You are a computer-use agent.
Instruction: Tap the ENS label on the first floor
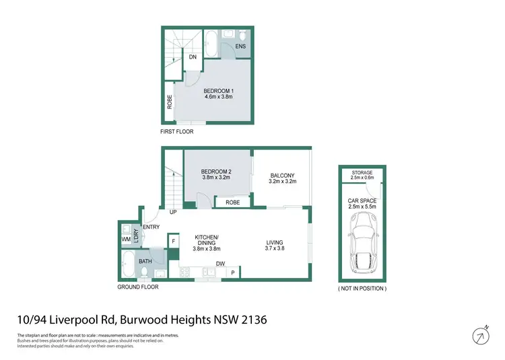click(240, 46)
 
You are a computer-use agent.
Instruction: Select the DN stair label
click(192, 57)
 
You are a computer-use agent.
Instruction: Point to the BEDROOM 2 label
click(215, 172)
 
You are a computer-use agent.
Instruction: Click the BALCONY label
click(281, 176)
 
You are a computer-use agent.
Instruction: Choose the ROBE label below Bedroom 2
click(233, 202)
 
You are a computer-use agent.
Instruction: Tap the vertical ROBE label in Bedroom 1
click(170, 102)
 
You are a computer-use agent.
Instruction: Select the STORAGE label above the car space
click(363, 173)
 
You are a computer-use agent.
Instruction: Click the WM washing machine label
click(126, 239)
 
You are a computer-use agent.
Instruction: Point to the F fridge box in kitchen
click(173, 241)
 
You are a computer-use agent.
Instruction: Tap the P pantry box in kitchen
click(232, 272)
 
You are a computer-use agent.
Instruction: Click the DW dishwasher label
click(220, 264)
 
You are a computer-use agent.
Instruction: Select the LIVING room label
click(274, 242)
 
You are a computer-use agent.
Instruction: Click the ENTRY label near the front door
click(151, 227)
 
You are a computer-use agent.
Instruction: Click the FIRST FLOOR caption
click(176, 132)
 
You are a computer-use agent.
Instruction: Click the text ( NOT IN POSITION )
click(363, 288)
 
